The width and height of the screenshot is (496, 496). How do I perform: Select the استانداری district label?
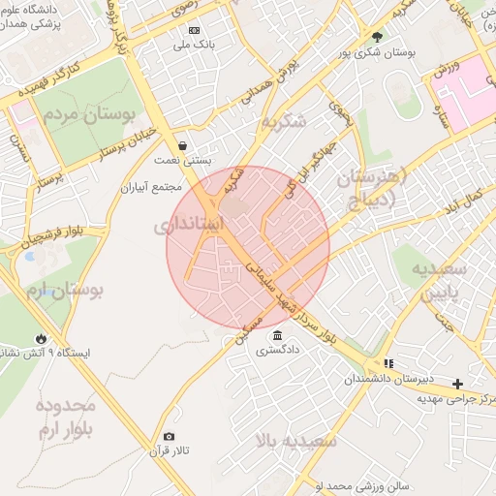189,225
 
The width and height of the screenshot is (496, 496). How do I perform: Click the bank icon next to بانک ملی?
194,30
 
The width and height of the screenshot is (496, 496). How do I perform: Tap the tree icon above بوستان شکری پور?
377,38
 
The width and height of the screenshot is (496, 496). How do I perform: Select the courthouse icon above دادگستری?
277,335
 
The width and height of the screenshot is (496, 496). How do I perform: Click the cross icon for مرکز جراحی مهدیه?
458,383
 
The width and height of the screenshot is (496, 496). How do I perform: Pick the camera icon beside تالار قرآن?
170,436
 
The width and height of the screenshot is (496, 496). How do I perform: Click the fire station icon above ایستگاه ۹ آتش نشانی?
41,337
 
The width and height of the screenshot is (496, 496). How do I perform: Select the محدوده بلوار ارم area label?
67,418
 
